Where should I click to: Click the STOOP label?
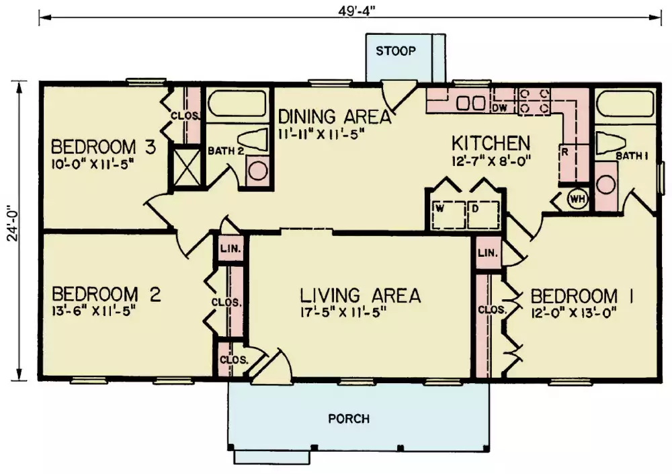point(396,51)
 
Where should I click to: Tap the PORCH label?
point(349,419)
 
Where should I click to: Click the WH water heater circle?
point(577,198)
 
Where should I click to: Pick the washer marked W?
point(448,215)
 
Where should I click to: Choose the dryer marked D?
point(483,215)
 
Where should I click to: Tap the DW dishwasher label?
point(500,108)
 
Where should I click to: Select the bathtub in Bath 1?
point(625,103)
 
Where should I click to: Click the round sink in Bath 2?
point(259,170)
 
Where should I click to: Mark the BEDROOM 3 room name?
point(103,147)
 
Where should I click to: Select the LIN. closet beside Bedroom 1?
point(488,253)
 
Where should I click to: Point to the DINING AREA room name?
point(335,117)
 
